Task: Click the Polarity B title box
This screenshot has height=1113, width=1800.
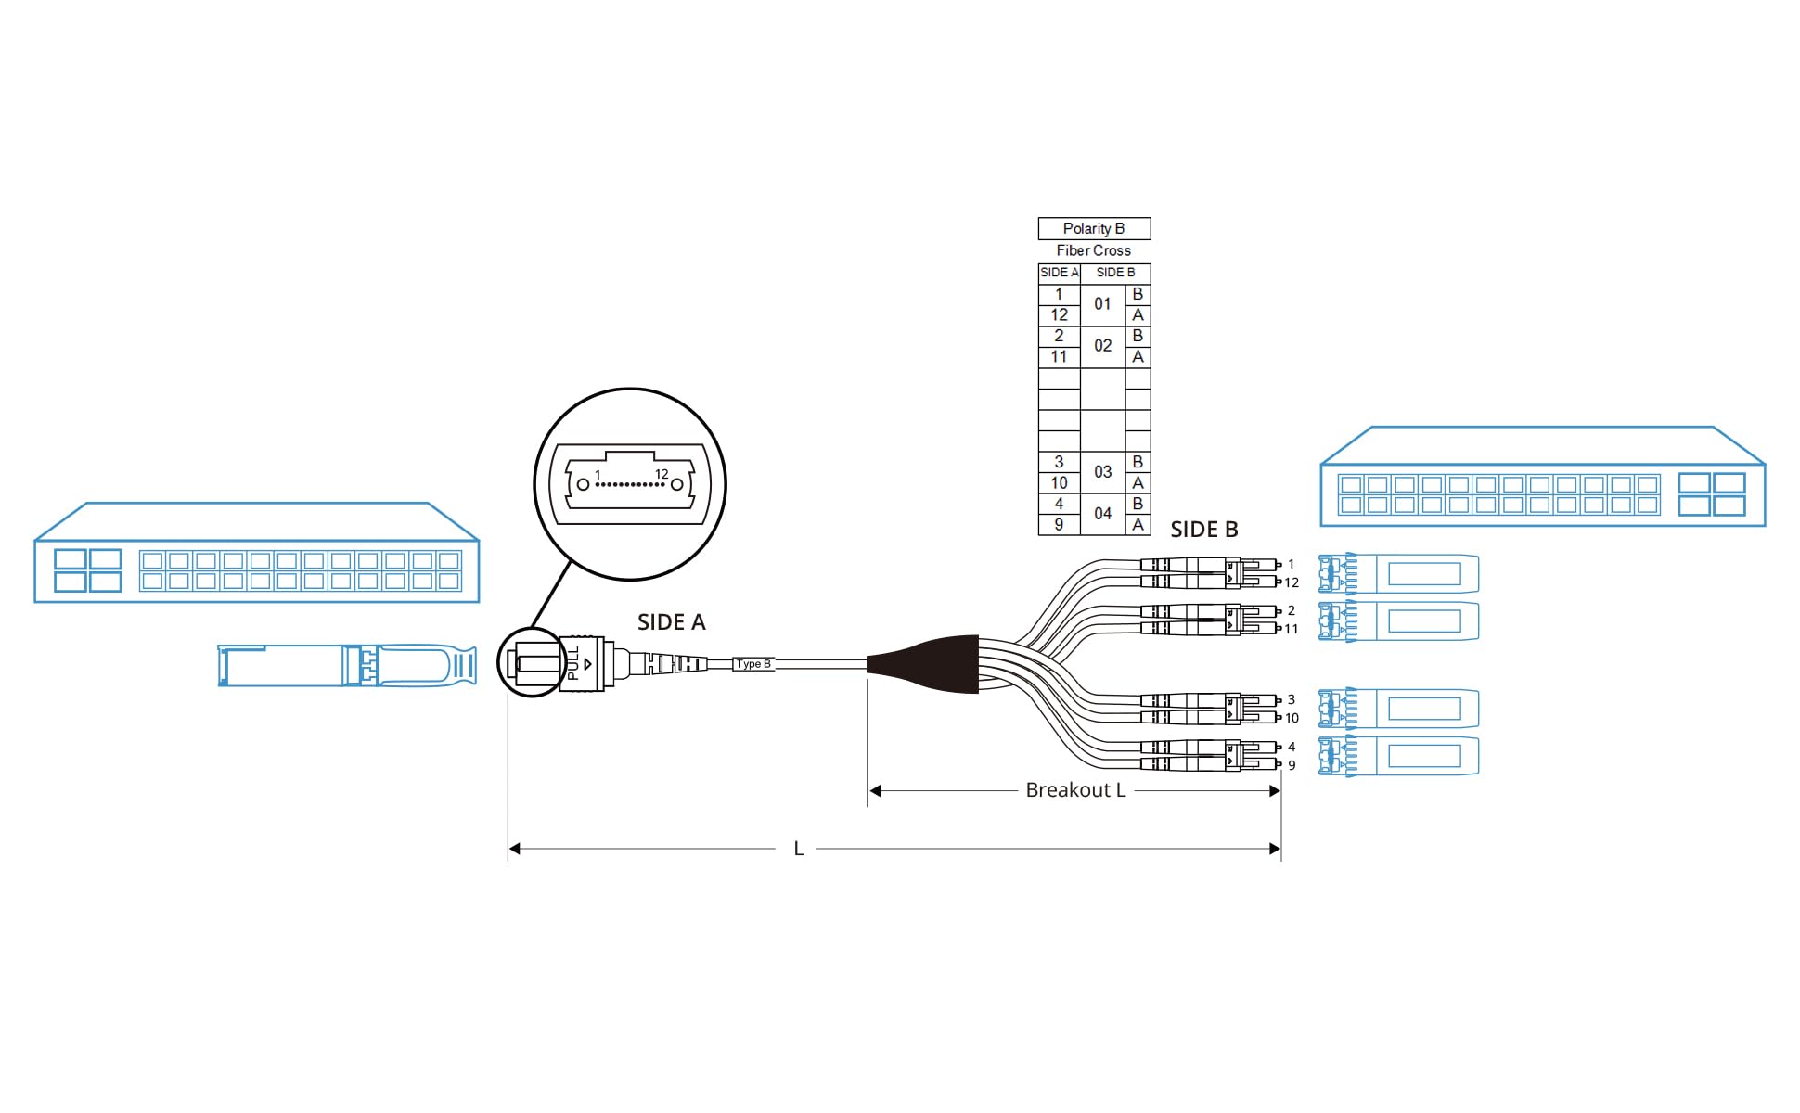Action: pyautogui.click(x=1093, y=228)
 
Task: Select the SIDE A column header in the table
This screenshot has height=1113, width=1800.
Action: pyautogui.click(x=1059, y=273)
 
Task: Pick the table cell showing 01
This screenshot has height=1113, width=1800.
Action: pyautogui.click(x=1102, y=304)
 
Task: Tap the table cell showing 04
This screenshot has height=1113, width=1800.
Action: pyautogui.click(x=1102, y=514)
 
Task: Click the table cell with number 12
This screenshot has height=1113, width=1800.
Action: pyautogui.click(x=1059, y=315)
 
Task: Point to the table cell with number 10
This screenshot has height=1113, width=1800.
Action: pyautogui.click(x=1059, y=483)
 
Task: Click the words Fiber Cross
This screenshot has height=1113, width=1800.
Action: pyautogui.click(x=1093, y=250)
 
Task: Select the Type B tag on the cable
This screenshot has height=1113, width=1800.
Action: pyautogui.click(x=753, y=664)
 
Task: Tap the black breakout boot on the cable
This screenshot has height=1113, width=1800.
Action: pyautogui.click(x=928, y=664)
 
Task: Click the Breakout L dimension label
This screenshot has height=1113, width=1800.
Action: pyautogui.click(x=1075, y=790)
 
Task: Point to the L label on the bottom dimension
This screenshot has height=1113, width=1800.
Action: pyautogui.click(x=798, y=849)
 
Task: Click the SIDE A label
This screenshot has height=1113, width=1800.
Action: pyautogui.click(x=671, y=622)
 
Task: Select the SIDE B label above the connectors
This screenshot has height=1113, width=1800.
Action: pyautogui.click(x=1203, y=530)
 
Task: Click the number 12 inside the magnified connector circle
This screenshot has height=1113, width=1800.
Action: pyautogui.click(x=662, y=474)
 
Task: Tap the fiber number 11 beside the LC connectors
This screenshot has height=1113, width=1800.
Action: pyautogui.click(x=1291, y=629)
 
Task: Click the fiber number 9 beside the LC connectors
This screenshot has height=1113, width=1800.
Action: pyautogui.click(x=1291, y=765)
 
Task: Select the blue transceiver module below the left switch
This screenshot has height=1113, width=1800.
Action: pyautogui.click(x=347, y=666)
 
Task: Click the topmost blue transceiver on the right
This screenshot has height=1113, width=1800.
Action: pyautogui.click(x=1398, y=574)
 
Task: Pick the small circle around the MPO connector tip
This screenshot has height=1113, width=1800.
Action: pyautogui.click(x=532, y=662)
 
